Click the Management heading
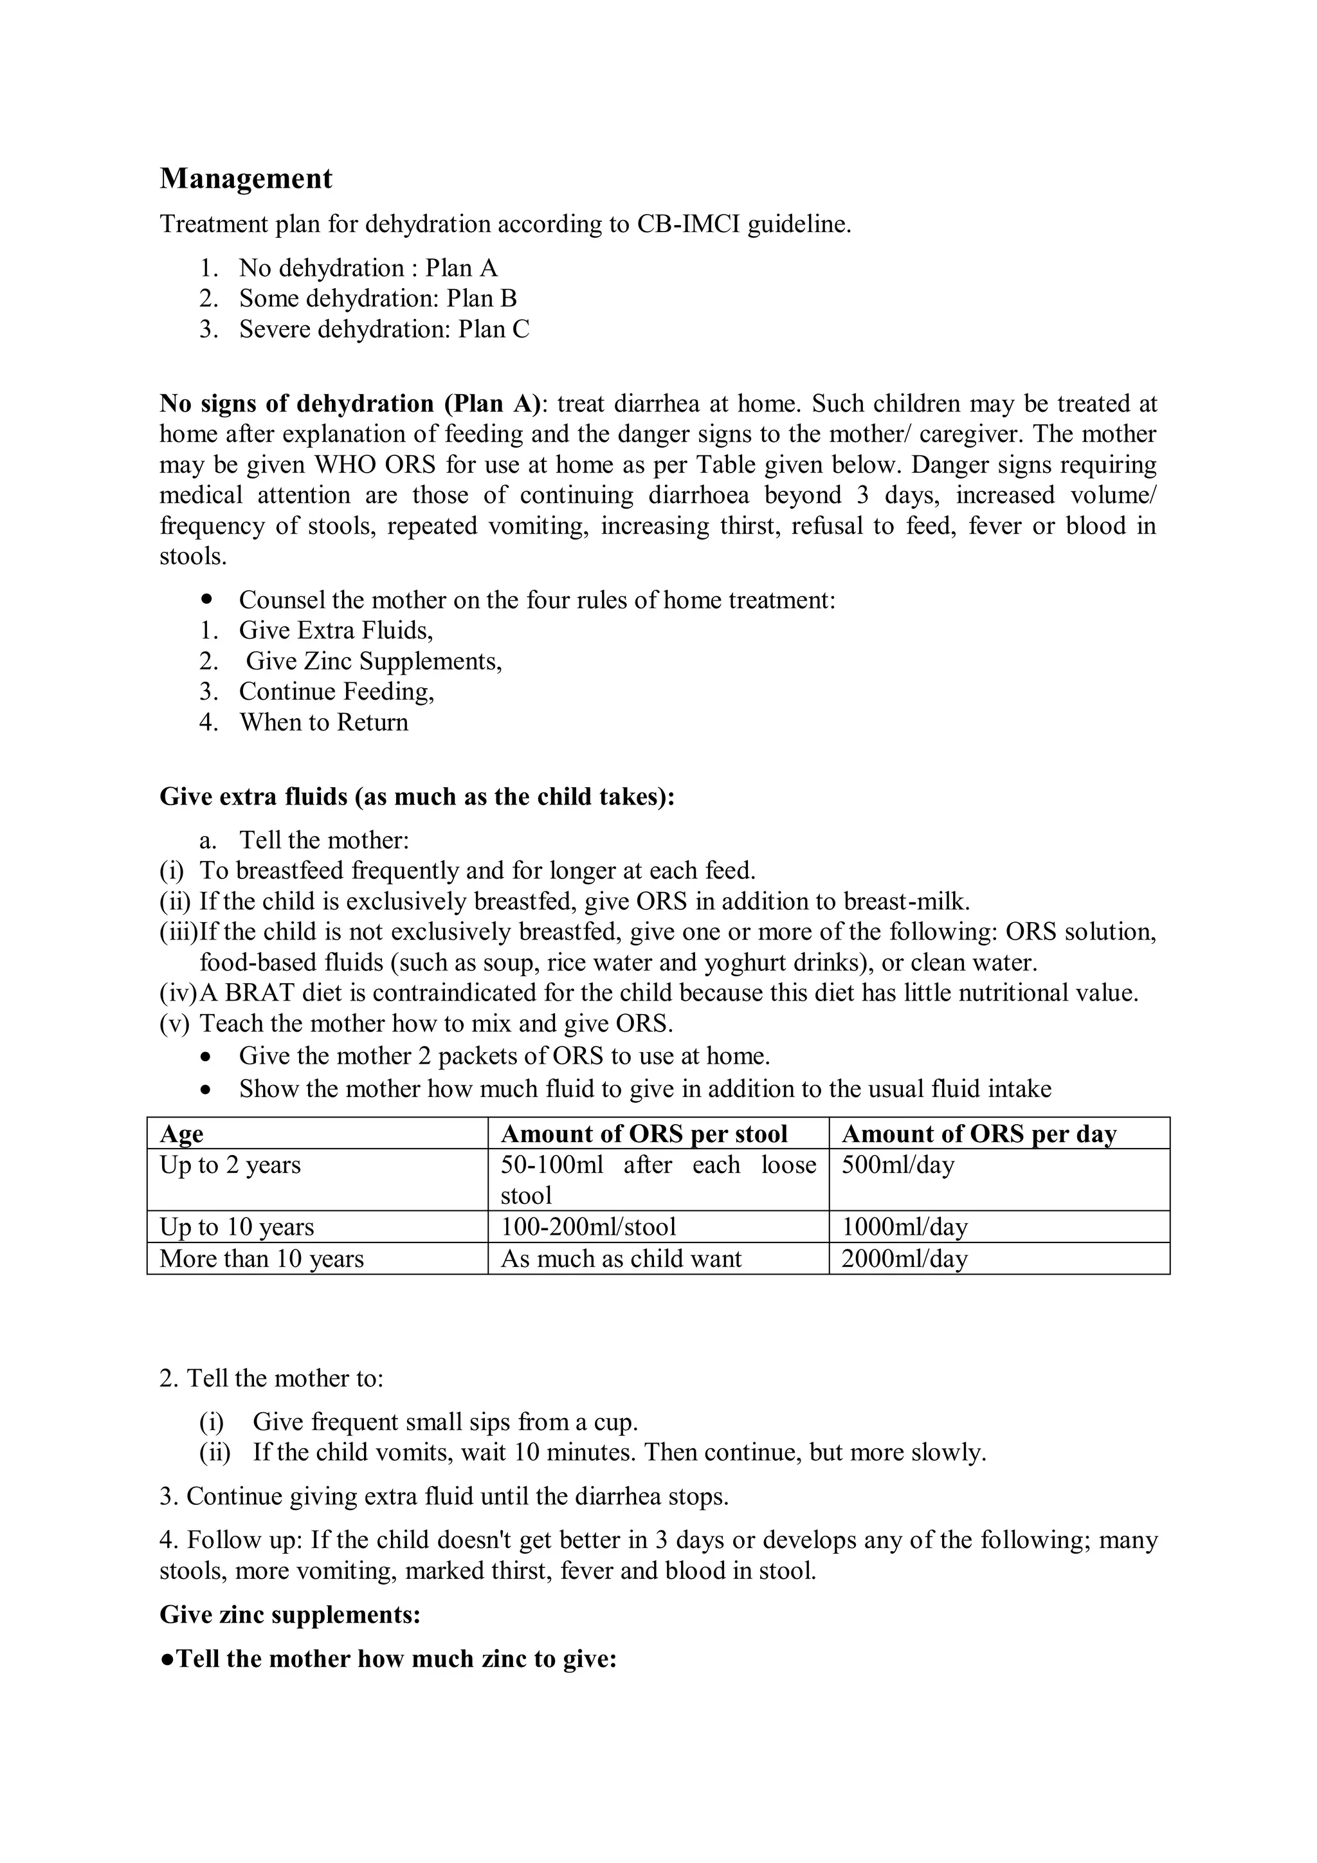pyautogui.click(x=246, y=179)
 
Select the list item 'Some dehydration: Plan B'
pyautogui.click(x=377, y=298)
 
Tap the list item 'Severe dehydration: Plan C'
pyautogui.click(x=384, y=329)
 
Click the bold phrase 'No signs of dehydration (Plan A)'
pyautogui.click(x=350, y=403)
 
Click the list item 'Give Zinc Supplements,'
pyautogui.click(x=374, y=661)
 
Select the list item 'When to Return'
pyautogui.click(x=323, y=722)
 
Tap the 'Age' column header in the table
pyautogui.click(x=182, y=1134)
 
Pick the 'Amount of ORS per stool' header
pyautogui.click(x=644, y=1134)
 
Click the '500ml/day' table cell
pyautogui.click(x=898, y=1165)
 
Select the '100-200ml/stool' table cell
pyautogui.click(x=588, y=1227)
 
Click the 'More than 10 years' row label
pyautogui.click(x=261, y=1259)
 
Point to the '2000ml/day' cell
pyautogui.click(x=904, y=1259)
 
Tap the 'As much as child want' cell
pyautogui.click(x=621, y=1259)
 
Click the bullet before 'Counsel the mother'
pyautogui.click(x=208, y=599)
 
